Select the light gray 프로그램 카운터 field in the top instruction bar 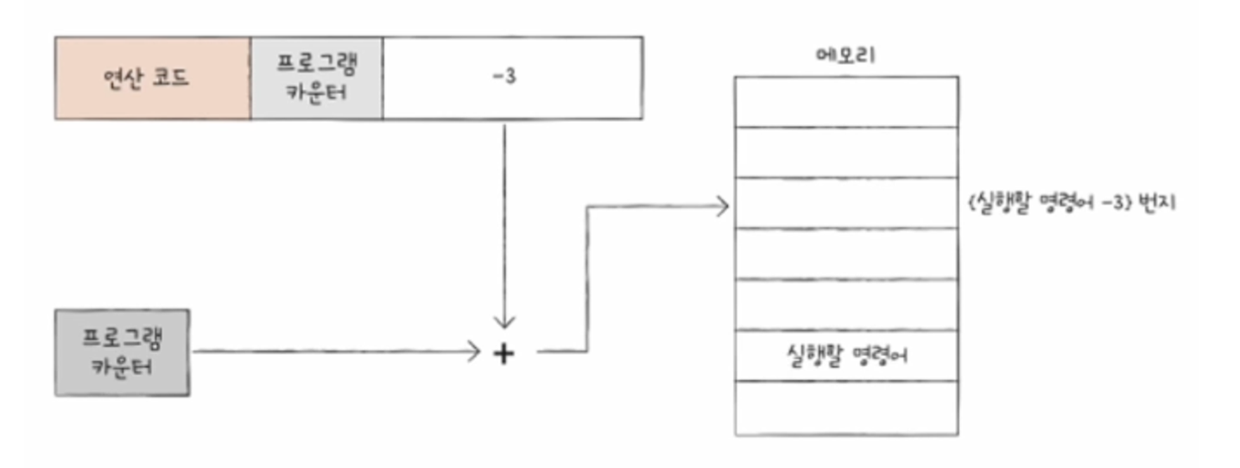tap(316, 78)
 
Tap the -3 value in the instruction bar tap(503, 78)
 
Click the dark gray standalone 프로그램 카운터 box tap(122, 352)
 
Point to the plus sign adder tap(503, 352)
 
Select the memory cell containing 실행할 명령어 tap(846, 355)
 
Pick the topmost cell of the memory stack tap(846, 102)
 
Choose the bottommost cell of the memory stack tap(846, 408)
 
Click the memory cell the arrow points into tap(846, 204)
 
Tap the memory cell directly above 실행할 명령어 tap(846, 305)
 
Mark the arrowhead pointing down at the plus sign tap(503, 321)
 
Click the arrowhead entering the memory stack tap(724, 206)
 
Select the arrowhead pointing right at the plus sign tap(472, 352)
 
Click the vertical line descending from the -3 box tap(503, 216)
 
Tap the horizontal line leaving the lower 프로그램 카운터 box tap(328, 352)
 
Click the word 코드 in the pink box tap(173, 78)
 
